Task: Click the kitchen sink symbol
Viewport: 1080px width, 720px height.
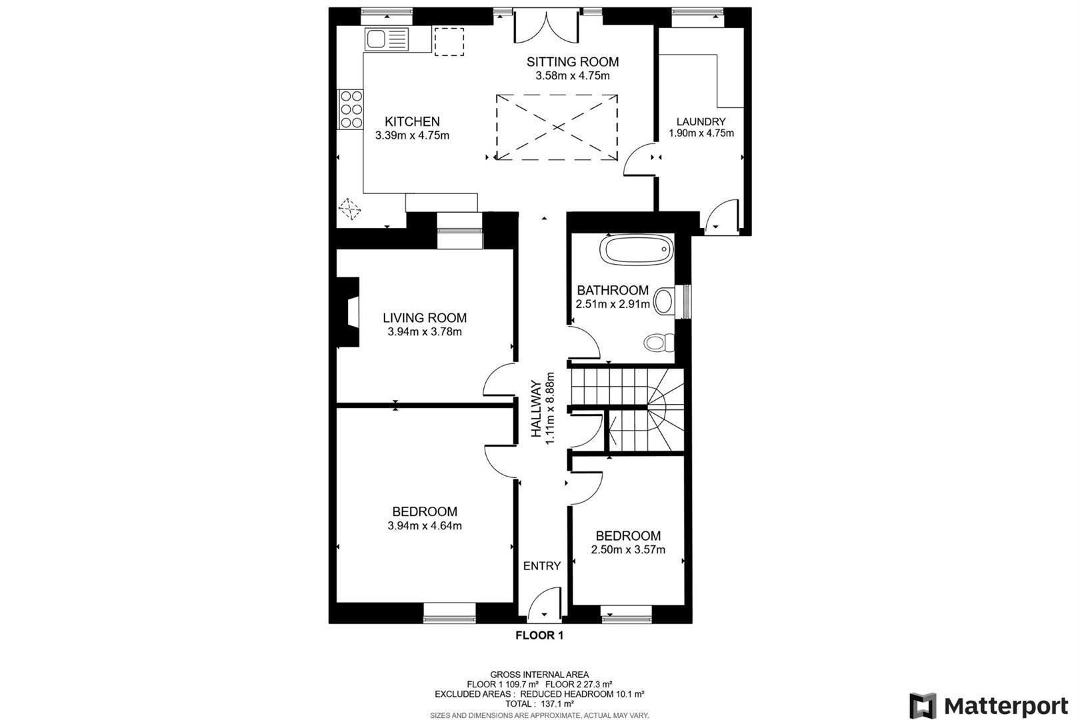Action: [x=387, y=39]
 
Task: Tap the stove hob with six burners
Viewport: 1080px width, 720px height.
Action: [x=351, y=109]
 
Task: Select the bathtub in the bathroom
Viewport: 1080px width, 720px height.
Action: [x=637, y=250]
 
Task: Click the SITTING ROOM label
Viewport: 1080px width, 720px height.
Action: [x=572, y=62]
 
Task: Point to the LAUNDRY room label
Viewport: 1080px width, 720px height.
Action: [x=701, y=121]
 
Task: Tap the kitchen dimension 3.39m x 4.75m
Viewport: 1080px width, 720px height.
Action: [x=412, y=135]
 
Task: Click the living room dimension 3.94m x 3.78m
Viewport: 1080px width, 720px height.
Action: [x=425, y=332]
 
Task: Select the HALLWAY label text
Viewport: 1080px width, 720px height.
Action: [x=536, y=409]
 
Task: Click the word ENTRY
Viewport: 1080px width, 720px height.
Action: [x=542, y=566]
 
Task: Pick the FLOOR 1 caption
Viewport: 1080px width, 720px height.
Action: [x=539, y=635]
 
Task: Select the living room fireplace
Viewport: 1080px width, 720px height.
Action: [x=348, y=312]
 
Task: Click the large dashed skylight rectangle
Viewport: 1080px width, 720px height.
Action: [x=557, y=127]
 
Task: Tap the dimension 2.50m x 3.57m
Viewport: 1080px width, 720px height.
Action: [x=628, y=549]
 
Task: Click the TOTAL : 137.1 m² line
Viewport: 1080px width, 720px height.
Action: [x=539, y=703]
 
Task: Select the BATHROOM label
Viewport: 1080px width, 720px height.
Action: [x=613, y=290]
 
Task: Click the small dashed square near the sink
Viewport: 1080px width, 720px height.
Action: [x=449, y=41]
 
